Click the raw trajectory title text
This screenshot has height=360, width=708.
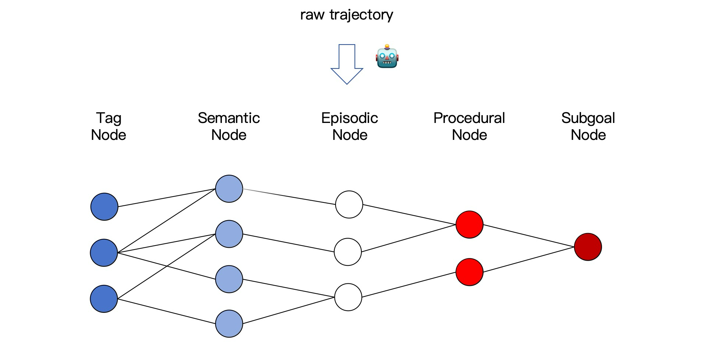pyautogui.click(x=347, y=15)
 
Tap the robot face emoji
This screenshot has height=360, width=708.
pyautogui.click(x=387, y=57)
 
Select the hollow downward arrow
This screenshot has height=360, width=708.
pyautogui.click(x=347, y=64)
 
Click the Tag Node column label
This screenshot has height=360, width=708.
pyautogui.click(x=109, y=126)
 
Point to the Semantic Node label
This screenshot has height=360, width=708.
pyautogui.click(x=229, y=126)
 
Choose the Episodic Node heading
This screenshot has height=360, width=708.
pyautogui.click(x=350, y=126)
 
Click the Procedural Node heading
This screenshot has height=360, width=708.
pyautogui.click(x=469, y=126)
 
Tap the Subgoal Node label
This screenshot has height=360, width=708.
pyautogui.click(x=588, y=126)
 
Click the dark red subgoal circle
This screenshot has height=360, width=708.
pyautogui.click(x=588, y=247)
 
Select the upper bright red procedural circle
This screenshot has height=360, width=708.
pyautogui.click(x=469, y=225)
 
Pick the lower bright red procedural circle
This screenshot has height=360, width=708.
pyautogui.click(x=469, y=272)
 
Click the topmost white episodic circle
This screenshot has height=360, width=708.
pyautogui.click(x=349, y=204)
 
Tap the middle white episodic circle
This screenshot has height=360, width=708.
pyautogui.click(x=348, y=252)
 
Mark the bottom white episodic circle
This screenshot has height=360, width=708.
pyautogui.click(x=348, y=297)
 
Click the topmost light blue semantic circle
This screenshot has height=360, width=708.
pyautogui.click(x=229, y=189)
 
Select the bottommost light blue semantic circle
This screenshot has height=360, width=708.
pyautogui.click(x=229, y=324)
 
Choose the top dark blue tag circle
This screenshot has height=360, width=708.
pyautogui.click(x=104, y=207)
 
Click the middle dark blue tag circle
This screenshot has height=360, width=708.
pyautogui.click(x=104, y=253)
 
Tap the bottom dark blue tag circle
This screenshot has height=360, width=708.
pyautogui.click(x=104, y=299)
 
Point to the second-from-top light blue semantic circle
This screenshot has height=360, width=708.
pyautogui.click(x=229, y=234)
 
